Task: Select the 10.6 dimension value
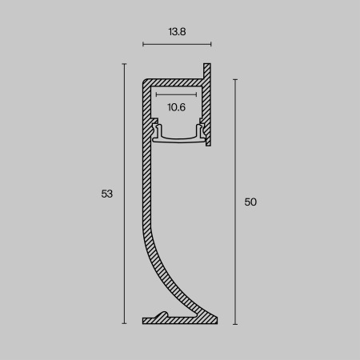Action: [177, 106]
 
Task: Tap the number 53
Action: [107, 194]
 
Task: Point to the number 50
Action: [250, 202]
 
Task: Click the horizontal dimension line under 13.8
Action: [177, 45]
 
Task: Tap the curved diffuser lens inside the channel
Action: [178, 137]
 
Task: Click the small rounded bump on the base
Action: [163, 314]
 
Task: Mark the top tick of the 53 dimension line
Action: [124, 65]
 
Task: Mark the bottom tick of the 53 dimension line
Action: [124, 324]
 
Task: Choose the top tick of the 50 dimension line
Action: [235, 79]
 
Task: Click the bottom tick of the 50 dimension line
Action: [235, 324]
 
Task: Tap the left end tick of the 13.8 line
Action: [142, 45]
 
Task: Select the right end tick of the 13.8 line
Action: [211, 45]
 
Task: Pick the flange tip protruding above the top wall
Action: [207, 68]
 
